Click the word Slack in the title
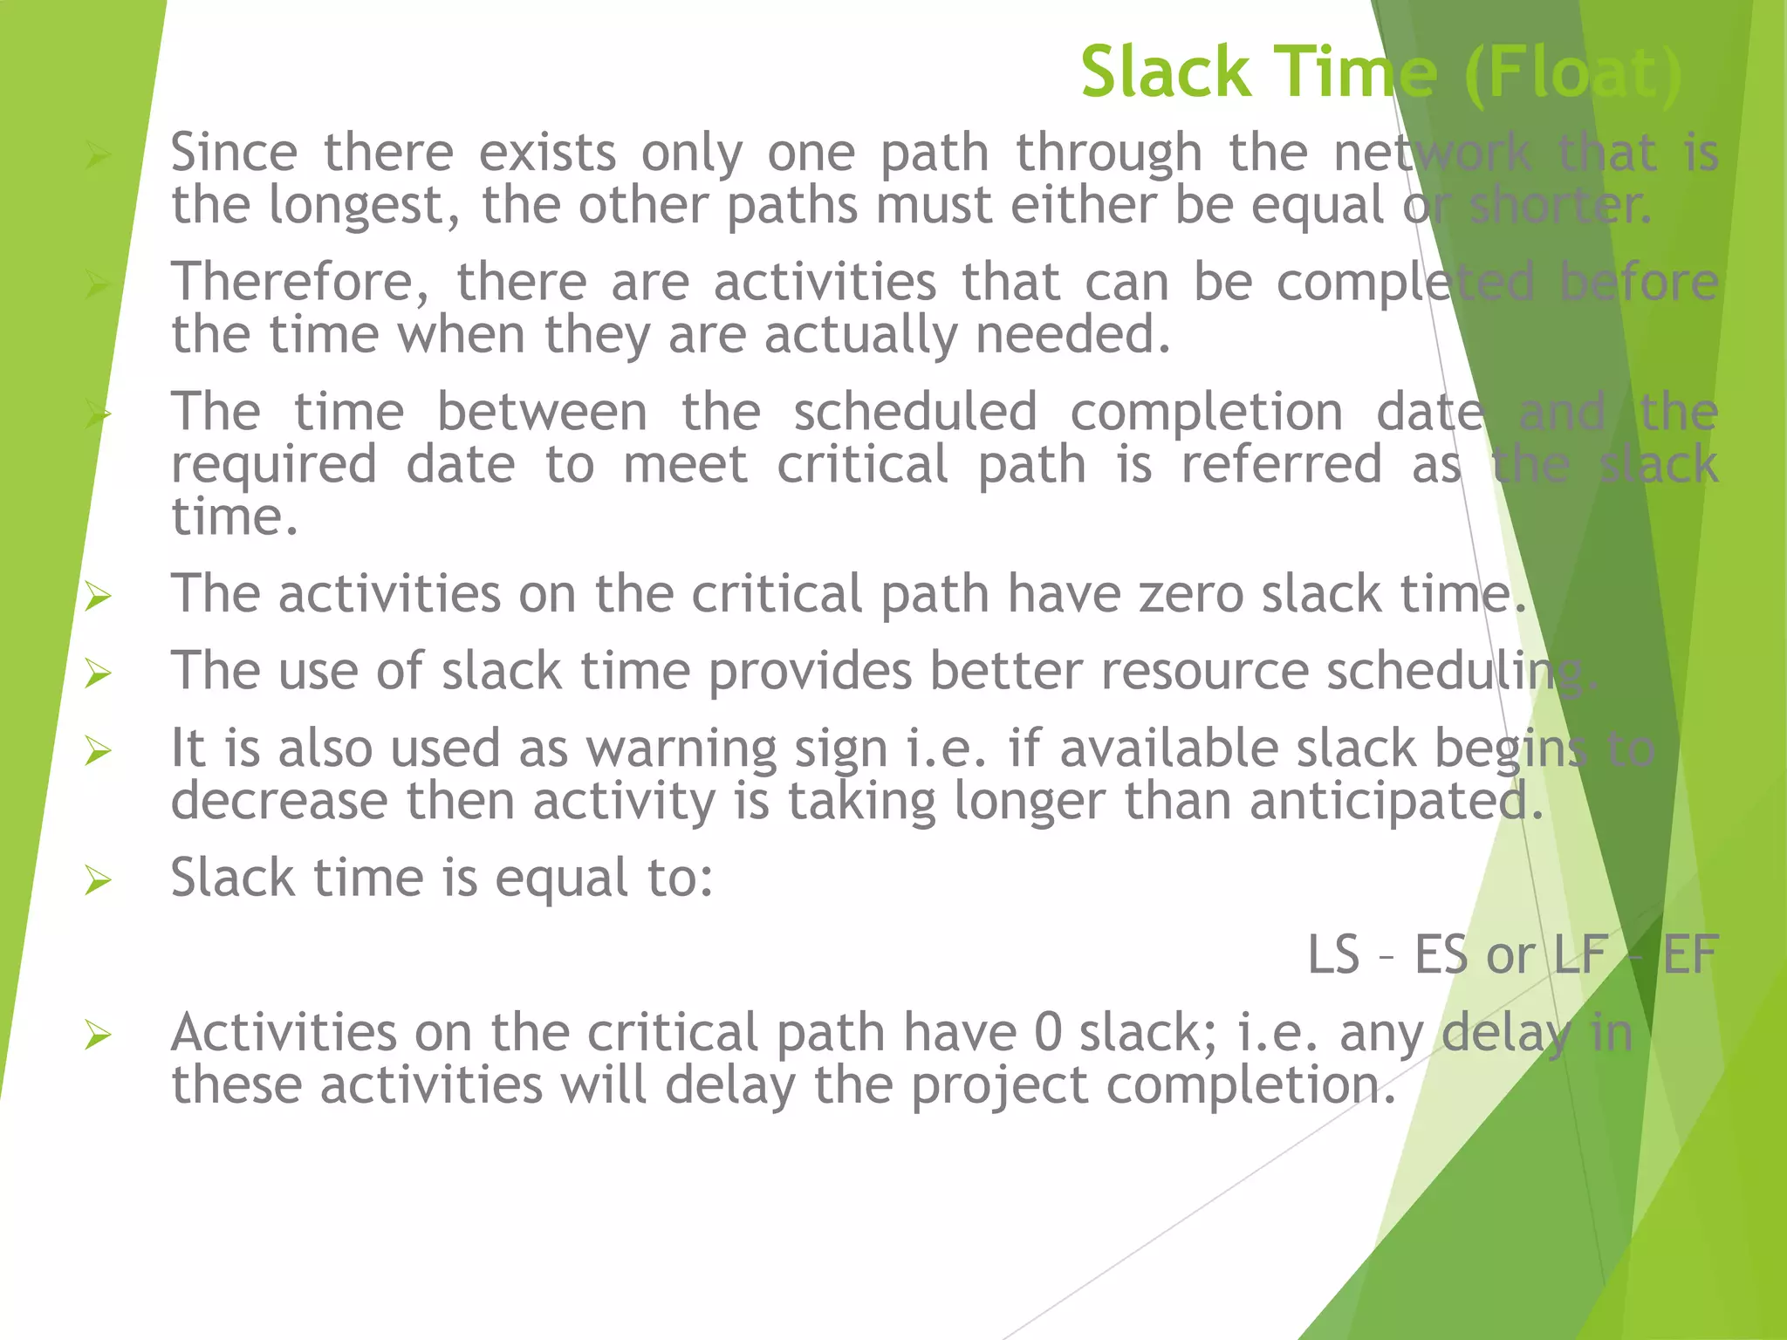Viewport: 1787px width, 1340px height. [1166, 72]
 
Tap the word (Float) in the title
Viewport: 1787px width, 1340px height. [1573, 74]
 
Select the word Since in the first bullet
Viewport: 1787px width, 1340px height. [234, 153]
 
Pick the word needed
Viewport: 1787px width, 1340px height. [1072, 335]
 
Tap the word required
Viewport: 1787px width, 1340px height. [274, 466]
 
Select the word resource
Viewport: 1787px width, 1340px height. [1204, 671]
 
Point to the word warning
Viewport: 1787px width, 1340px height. [681, 749]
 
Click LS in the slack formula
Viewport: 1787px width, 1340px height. [1333, 954]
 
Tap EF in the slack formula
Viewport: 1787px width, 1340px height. [1690, 954]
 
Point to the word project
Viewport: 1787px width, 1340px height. [999, 1086]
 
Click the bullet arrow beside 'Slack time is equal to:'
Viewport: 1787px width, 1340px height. [98, 881]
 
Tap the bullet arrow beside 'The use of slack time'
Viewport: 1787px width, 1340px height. [98, 674]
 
